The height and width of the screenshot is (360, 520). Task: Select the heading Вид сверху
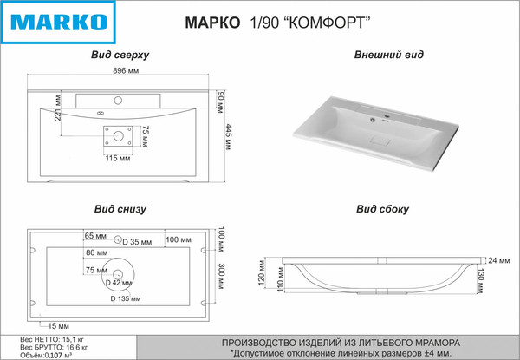tap(120, 55)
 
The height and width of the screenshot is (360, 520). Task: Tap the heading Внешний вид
tap(389, 55)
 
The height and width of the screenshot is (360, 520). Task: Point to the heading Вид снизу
tap(120, 209)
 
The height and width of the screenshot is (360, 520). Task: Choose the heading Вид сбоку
tap(382, 209)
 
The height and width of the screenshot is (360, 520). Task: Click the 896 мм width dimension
tap(121, 72)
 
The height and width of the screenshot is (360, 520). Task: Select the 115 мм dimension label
tap(118, 158)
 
